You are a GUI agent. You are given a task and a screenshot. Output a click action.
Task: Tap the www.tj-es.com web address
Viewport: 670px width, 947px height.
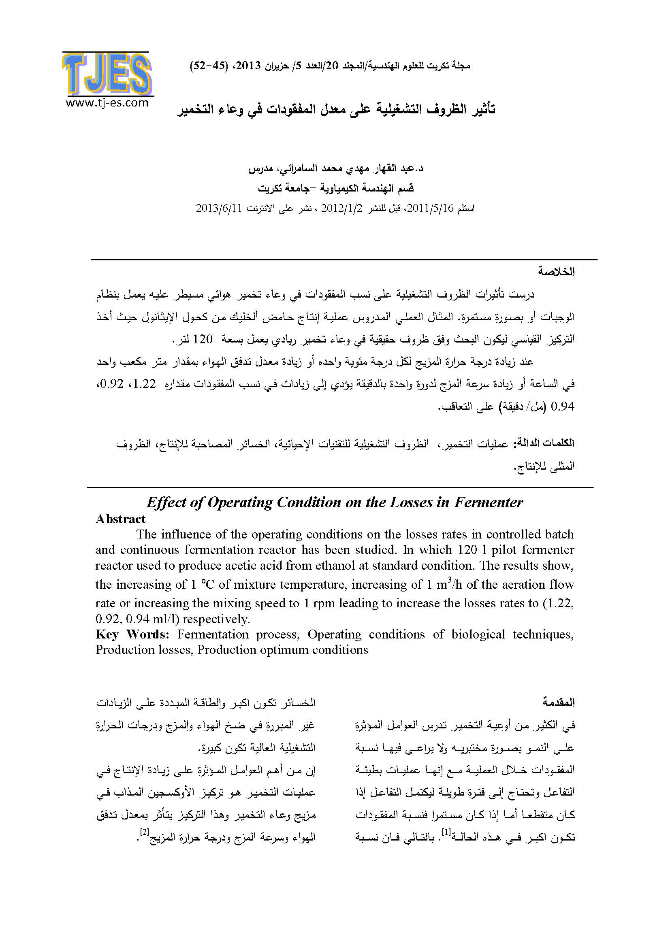tap(107, 103)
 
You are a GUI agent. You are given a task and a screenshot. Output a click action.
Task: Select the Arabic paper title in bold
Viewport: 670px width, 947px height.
tap(336, 109)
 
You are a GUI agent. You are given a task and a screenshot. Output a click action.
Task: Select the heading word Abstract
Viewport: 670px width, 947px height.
tap(120, 519)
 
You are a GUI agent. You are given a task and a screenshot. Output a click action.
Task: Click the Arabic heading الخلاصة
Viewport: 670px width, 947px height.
tap(556, 272)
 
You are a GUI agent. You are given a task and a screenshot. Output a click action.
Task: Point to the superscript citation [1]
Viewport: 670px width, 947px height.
tap(446, 832)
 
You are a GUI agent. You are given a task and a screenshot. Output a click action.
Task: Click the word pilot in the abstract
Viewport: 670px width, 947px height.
tap(504, 550)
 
